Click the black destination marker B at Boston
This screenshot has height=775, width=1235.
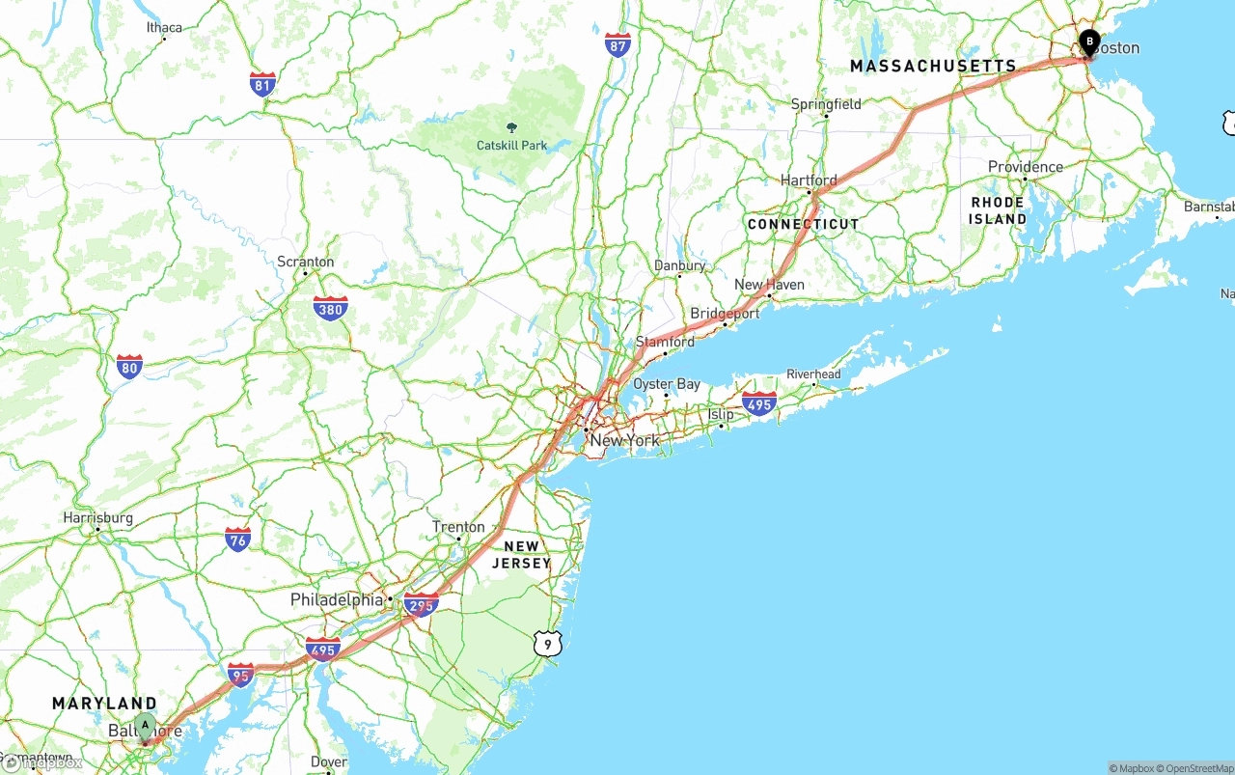pyautogui.click(x=1089, y=42)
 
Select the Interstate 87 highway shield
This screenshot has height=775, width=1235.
pyautogui.click(x=618, y=44)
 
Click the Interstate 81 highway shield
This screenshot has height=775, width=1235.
pyautogui.click(x=262, y=83)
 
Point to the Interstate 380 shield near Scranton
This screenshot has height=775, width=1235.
pyautogui.click(x=330, y=309)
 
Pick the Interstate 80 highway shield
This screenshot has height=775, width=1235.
pyautogui.click(x=129, y=367)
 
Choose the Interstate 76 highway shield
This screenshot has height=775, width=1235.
pyautogui.click(x=237, y=540)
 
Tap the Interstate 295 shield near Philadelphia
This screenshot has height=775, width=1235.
pyautogui.click(x=422, y=605)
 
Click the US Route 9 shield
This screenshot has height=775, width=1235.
pyautogui.click(x=547, y=642)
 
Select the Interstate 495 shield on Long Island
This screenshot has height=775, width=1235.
pyautogui.click(x=759, y=404)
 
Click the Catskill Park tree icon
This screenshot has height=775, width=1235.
pyautogui.click(x=510, y=127)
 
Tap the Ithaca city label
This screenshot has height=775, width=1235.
pyautogui.click(x=164, y=27)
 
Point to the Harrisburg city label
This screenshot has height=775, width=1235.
pyautogui.click(x=98, y=518)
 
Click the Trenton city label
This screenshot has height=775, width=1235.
pyautogui.click(x=458, y=527)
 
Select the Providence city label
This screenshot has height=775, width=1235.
pyautogui.click(x=1025, y=167)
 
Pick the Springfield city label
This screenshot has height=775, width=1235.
pyautogui.click(x=826, y=104)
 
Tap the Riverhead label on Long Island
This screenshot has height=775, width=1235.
pyautogui.click(x=813, y=374)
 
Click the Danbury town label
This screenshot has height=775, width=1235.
pyautogui.click(x=680, y=265)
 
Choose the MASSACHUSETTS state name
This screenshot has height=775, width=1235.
pyautogui.click(x=933, y=66)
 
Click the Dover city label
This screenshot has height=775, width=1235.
pyautogui.click(x=329, y=762)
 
